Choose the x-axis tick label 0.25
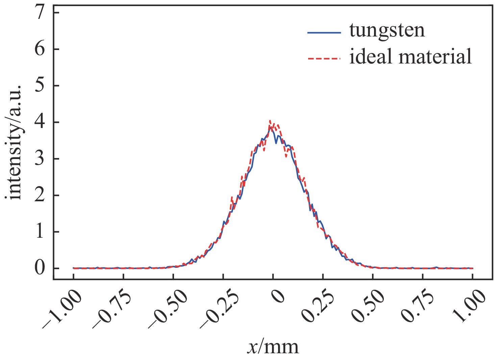pos(318,306)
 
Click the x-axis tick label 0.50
pos(368,306)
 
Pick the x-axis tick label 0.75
pos(418,306)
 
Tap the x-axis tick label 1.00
pos(468,306)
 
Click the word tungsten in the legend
pos(387,31)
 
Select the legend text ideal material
pos(410,56)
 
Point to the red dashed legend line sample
pos(324,58)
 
